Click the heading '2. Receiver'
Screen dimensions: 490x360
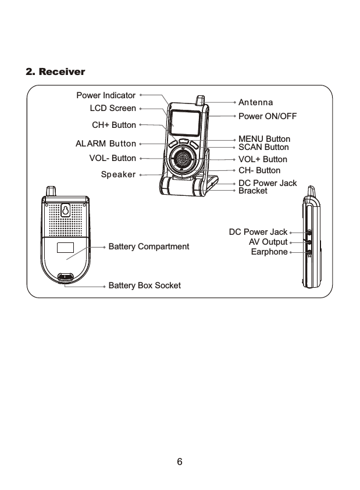[56, 72]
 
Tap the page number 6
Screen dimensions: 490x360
[180, 462]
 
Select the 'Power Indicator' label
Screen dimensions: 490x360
[106, 95]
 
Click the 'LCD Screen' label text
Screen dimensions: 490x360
[113, 108]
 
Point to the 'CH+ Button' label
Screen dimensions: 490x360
[114, 125]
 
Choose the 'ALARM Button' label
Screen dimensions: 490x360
[106, 144]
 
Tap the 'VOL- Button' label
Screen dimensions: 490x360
[112, 158]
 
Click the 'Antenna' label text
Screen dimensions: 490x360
[256, 103]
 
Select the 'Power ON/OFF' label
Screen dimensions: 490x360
[268, 116]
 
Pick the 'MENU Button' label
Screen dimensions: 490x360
[264, 140]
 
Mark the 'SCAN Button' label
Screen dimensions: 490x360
[263, 148]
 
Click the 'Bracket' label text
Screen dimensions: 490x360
[253, 191]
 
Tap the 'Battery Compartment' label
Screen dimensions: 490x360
[149, 247]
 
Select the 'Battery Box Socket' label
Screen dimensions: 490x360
[145, 285]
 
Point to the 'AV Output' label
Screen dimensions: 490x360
[268, 242]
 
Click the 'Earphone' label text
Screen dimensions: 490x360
[269, 252]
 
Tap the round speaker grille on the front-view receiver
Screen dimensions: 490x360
[184, 158]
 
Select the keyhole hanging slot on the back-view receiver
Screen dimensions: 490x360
[66, 210]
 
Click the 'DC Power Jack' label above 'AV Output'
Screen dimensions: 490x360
[258, 233]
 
